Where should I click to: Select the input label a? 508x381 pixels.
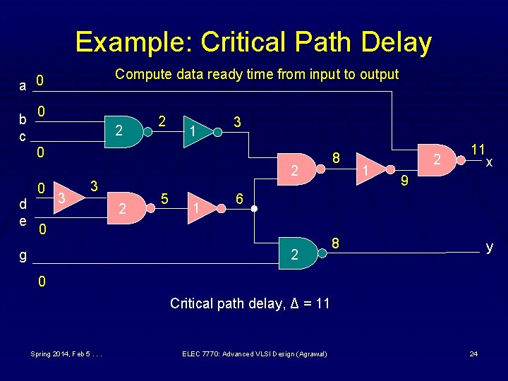click(x=23, y=86)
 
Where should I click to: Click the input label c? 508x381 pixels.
click(x=23, y=135)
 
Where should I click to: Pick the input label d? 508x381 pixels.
click(x=23, y=205)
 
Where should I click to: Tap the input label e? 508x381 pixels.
click(x=23, y=222)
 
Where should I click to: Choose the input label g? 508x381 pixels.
click(x=23, y=255)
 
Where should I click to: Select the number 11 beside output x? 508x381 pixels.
click(x=478, y=149)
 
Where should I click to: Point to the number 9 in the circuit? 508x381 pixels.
click(x=405, y=182)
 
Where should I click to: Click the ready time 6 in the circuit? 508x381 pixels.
click(x=240, y=200)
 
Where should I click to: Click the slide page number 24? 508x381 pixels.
click(x=473, y=353)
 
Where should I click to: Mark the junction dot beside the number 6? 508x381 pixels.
click(x=255, y=210)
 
